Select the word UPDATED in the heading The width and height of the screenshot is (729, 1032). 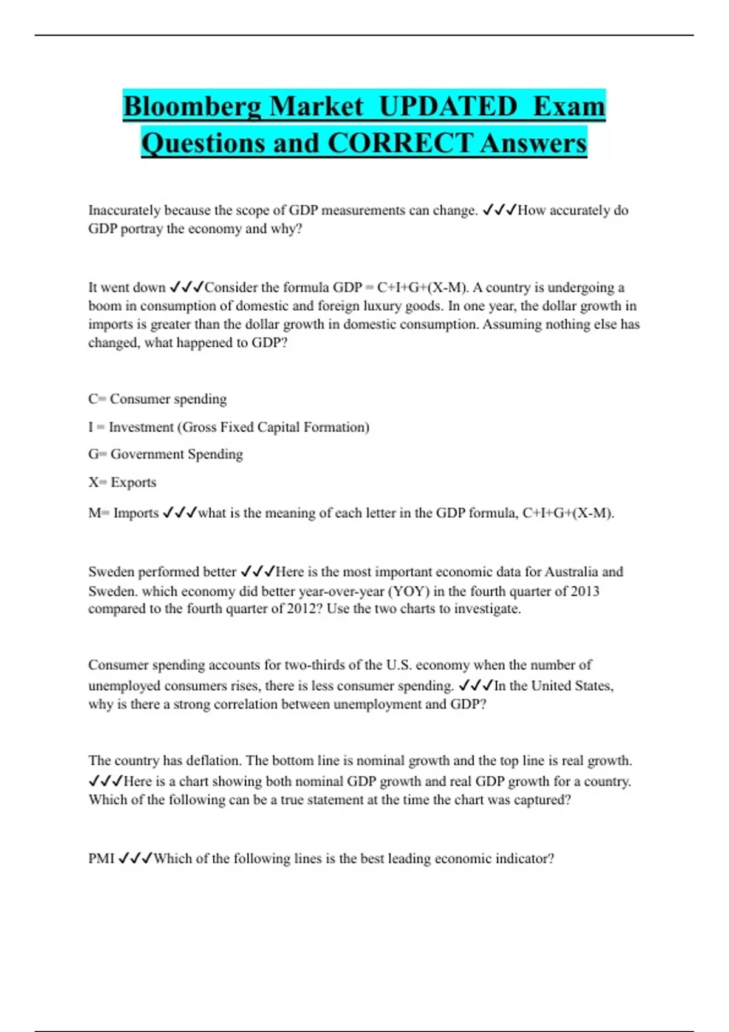coord(448,107)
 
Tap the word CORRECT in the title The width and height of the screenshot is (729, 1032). coord(400,144)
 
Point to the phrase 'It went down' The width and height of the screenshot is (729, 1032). coord(127,287)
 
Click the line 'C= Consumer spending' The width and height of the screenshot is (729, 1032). coord(157,399)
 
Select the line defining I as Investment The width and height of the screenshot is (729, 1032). coord(228,427)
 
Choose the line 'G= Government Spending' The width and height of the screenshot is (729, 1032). coord(165,454)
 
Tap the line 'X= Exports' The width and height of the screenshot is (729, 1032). coord(122,483)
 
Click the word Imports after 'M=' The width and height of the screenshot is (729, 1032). coord(136,513)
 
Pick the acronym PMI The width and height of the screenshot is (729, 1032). coord(101,858)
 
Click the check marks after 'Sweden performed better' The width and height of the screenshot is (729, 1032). coord(258,572)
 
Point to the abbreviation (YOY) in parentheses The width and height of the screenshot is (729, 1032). coord(409,591)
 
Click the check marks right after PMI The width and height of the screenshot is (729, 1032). coord(135,858)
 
